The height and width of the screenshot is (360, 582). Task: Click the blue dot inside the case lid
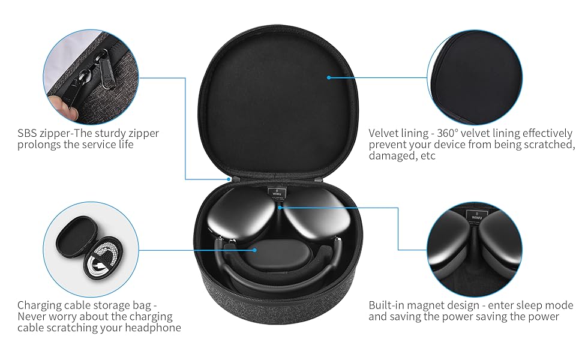[329, 77]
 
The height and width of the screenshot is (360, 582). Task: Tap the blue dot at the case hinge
[229, 178]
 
